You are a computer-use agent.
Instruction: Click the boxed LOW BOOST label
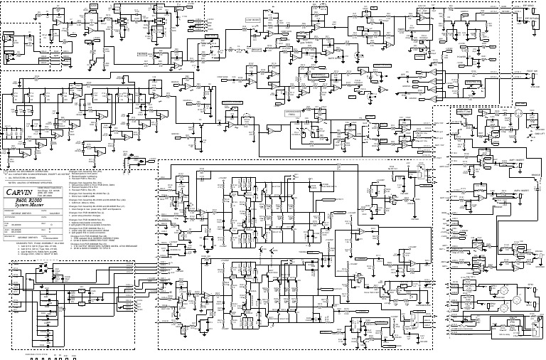(252, 19)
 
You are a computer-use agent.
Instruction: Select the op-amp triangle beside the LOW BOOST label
(271, 31)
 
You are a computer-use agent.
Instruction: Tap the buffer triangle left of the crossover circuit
(273, 131)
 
